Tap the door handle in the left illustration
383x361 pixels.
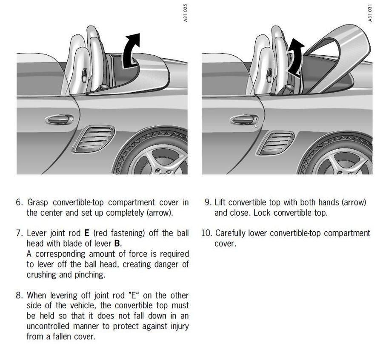[x=60, y=119]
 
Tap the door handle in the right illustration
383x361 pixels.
[x=244, y=120]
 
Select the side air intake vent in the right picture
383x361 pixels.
[x=277, y=142]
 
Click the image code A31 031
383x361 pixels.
[x=370, y=13]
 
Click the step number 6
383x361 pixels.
[x=19, y=202]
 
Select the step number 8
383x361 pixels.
[x=19, y=296]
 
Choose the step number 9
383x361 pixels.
[x=208, y=202]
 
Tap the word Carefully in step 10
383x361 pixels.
[x=232, y=233]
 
